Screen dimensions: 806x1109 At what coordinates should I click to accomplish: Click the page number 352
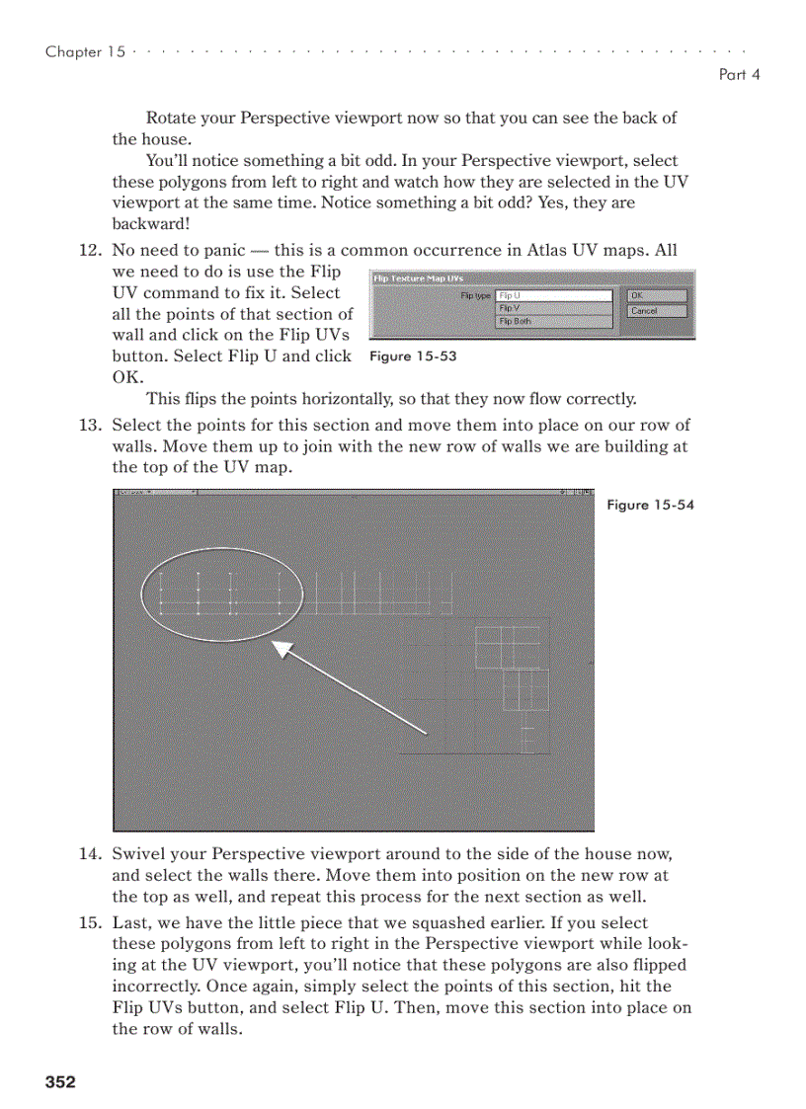pos(60,1082)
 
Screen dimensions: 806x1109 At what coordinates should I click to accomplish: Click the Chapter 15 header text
pos(85,52)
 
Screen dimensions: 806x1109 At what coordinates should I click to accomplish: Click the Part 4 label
pos(740,75)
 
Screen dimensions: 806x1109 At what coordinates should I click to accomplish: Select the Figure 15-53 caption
pos(413,356)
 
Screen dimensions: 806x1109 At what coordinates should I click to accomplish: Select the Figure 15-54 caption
pos(650,505)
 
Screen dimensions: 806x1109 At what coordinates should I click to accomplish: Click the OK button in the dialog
pos(656,295)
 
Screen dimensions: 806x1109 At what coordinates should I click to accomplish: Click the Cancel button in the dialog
pos(656,311)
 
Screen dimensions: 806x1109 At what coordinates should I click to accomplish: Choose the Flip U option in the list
pos(553,295)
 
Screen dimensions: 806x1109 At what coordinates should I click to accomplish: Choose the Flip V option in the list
pos(553,308)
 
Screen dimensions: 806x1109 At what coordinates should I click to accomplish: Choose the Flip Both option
pos(553,321)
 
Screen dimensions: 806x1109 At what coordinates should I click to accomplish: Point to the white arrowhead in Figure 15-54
pos(283,649)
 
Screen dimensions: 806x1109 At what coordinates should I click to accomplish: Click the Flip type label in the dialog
pos(475,295)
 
